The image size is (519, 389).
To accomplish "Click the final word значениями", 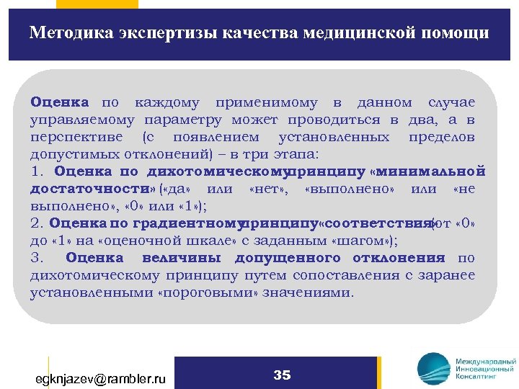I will click(x=311, y=293).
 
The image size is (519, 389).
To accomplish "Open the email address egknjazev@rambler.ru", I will click(x=101, y=377).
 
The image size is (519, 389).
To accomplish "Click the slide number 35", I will click(x=282, y=375).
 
